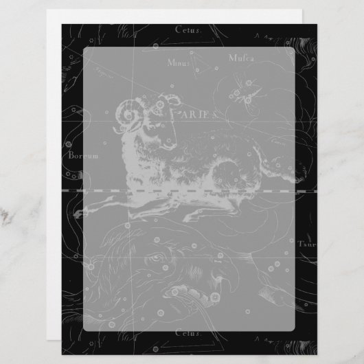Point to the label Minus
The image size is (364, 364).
pos(179,62)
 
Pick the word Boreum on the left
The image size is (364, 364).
pos(81,157)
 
